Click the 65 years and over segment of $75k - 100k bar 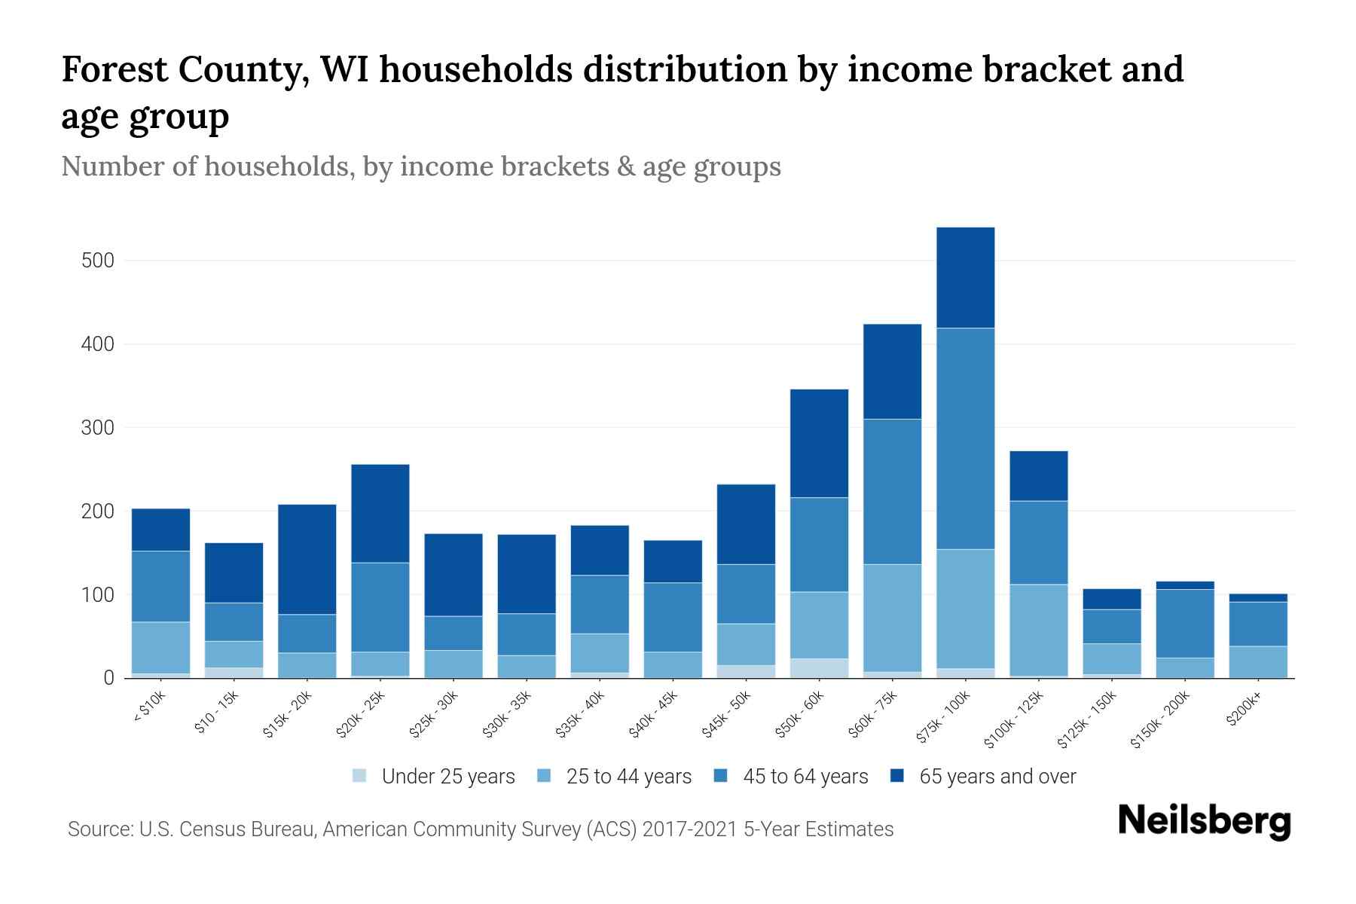tap(965, 277)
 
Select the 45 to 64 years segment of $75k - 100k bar tap(965, 438)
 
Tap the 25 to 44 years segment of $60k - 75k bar tap(892, 618)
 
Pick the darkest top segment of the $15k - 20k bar tap(307, 559)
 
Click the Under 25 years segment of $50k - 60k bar tap(819, 668)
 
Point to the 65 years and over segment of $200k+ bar tap(1258, 598)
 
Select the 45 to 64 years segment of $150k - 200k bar tap(1184, 624)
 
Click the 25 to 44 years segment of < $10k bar tap(160, 647)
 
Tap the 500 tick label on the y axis tap(97, 261)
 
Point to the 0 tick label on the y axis tap(108, 679)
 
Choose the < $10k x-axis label tap(149, 708)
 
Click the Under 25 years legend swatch tap(360, 776)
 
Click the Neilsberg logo tap(1204, 821)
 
